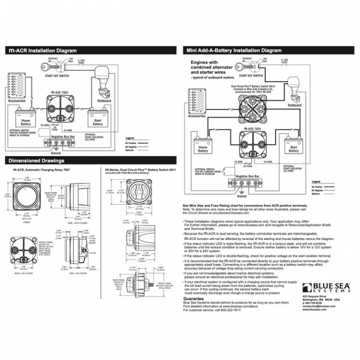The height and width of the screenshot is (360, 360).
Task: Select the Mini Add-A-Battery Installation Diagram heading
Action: [x=234, y=50]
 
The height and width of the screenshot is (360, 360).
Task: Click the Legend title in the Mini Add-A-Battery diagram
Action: [x=315, y=182]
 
